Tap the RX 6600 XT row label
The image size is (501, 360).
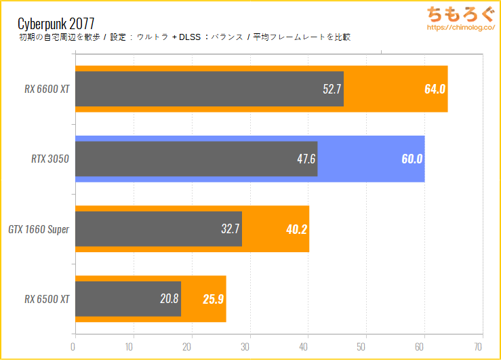pos(47,89)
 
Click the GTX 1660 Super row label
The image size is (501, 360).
pos(39,229)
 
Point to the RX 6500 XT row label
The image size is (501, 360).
pos(47,299)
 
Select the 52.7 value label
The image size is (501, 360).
pos(331,89)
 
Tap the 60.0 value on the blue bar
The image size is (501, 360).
pos(412,159)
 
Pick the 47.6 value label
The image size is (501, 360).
pos(305,159)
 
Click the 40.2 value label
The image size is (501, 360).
pos(296,229)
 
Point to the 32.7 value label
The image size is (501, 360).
pos(231,229)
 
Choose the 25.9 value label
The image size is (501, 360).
pos(214,299)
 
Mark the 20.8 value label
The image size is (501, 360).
pos(169,299)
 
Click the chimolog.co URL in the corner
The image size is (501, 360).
pos(458,28)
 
